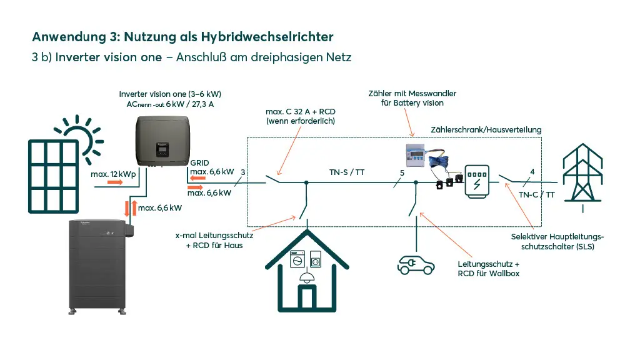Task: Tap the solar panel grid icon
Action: coord(54,176)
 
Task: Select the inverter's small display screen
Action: coord(162,149)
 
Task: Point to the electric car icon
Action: coord(416,264)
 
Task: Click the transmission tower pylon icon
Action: coord(582,176)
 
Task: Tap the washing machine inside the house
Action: coord(297,259)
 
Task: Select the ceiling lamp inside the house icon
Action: coord(306,277)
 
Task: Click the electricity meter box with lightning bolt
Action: coord(477,182)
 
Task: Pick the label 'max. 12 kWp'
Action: coord(113,174)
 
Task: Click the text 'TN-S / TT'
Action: coord(346,172)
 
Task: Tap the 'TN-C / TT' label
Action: coord(537,195)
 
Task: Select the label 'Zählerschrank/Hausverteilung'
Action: coord(486,130)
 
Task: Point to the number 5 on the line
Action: coord(402,173)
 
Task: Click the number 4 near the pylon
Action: coord(532,172)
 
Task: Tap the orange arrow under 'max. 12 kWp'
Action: coord(115,182)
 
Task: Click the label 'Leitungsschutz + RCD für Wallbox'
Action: coord(489,269)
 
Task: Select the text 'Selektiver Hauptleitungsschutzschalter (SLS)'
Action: coord(557,242)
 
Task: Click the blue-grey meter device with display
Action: coord(415,156)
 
